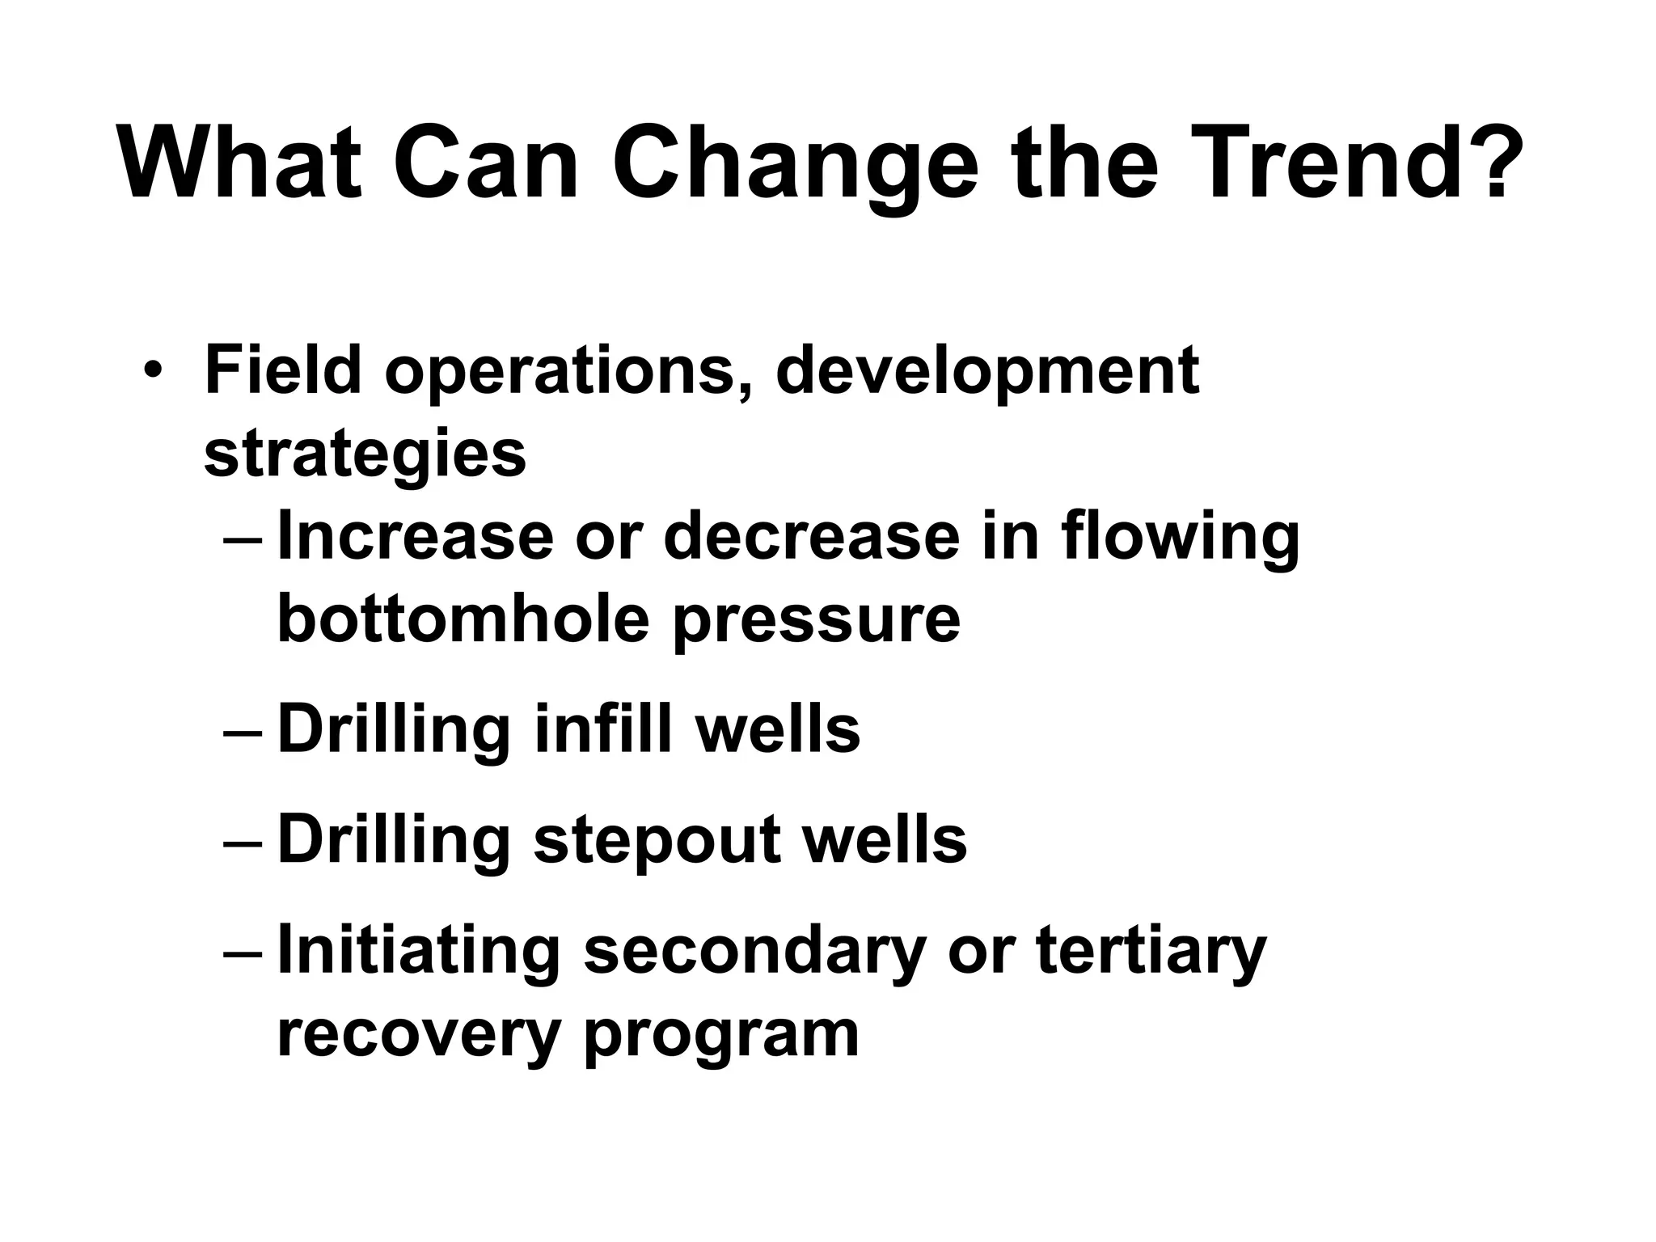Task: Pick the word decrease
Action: (810, 537)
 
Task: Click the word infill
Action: (603, 729)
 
